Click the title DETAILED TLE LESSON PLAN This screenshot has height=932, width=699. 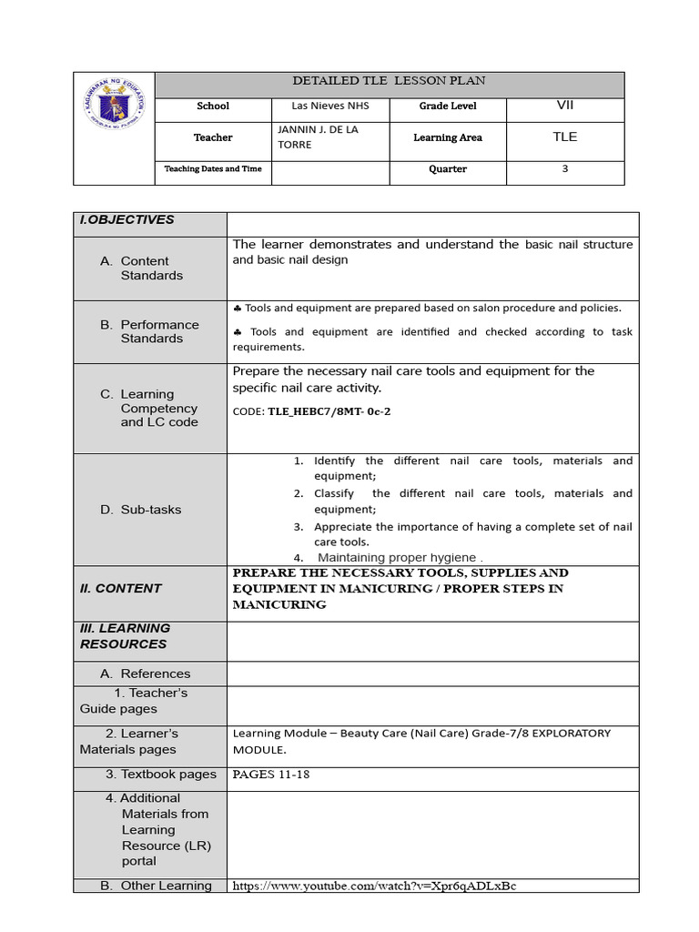tap(389, 81)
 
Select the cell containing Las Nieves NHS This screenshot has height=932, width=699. tap(313, 106)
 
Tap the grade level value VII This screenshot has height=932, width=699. tap(564, 106)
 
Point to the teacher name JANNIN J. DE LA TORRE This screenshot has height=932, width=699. tap(318, 137)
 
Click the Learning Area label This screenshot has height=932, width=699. tap(448, 137)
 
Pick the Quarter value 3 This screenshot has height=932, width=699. tap(564, 168)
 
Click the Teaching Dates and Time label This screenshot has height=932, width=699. tap(213, 169)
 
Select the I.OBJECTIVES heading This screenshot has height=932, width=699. tap(127, 220)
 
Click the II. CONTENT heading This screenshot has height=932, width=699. tap(121, 588)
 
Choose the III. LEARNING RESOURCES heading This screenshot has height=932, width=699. tap(124, 636)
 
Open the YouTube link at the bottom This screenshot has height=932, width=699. tap(374, 886)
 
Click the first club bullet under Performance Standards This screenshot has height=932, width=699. tap(238, 309)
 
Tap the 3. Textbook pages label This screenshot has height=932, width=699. tap(160, 775)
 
